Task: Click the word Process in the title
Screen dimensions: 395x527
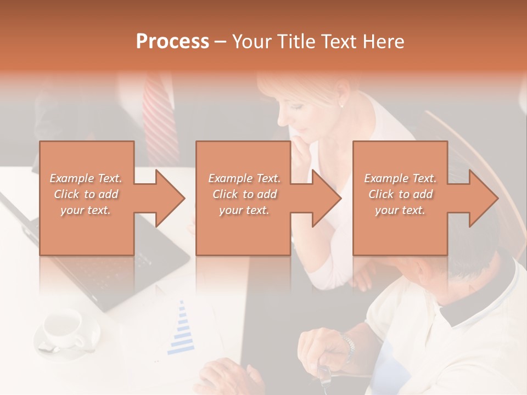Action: (x=172, y=42)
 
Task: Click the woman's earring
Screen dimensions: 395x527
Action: (x=341, y=105)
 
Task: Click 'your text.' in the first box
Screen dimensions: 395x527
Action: (x=86, y=210)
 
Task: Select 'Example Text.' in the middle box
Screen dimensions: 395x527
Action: (x=244, y=178)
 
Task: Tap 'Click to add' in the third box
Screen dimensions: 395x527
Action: (x=400, y=194)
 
